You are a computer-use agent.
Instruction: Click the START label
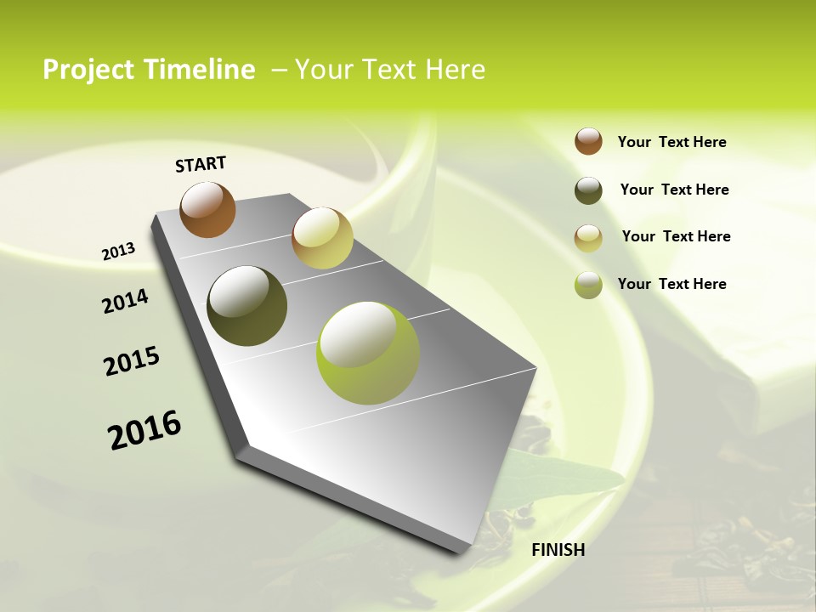click(201, 164)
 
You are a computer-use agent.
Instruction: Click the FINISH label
click(558, 550)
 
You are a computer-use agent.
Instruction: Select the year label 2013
click(118, 252)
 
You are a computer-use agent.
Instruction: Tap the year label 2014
click(125, 301)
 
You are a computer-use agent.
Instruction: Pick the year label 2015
click(132, 361)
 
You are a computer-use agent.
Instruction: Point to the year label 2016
click(144, 430)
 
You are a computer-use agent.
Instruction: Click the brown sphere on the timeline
click(207, 209)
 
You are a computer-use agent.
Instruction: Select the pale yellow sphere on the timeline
click(322, 238)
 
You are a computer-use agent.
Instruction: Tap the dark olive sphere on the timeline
click(246, 306)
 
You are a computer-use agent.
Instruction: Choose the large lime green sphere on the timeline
click(367, 353)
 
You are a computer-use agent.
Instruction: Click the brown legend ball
click(588, 141)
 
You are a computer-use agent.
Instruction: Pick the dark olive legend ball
click(588, 190)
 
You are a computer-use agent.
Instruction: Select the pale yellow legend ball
click(588, 238)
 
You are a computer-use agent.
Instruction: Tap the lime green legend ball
click(588, 285)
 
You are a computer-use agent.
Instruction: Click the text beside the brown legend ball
click(671, 142)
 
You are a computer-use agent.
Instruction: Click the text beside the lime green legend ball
click(671, 284)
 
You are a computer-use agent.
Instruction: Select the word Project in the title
click(85, 70)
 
